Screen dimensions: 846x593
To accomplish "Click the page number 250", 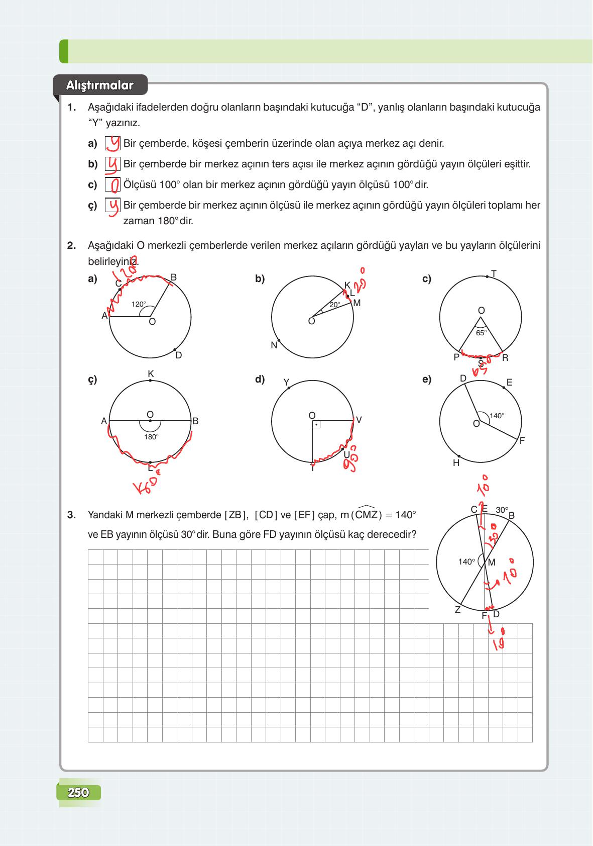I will [78, 793].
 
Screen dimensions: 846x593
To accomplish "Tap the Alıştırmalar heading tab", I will [100, 85].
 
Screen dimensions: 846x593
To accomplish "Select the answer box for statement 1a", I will [113, 144].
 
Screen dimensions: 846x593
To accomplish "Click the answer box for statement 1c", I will [113, 185].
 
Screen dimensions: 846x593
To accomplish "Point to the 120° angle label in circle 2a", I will [139, 304].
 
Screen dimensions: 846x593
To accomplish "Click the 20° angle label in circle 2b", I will [334, 305].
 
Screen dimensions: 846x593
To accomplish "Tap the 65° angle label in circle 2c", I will [481, 333].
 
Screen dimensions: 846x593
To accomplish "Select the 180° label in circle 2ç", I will [151, 437].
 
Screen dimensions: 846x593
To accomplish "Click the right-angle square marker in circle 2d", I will [316, 425].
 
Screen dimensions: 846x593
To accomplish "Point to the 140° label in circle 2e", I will [497, 416].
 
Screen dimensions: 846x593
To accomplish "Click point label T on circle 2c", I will [494, 274].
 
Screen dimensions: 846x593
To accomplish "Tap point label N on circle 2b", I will [274, 345].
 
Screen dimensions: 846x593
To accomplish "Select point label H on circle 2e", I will [456, 463].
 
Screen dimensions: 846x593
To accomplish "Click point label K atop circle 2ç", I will [151, 374].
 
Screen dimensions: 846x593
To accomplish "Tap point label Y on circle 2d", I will [286, 383].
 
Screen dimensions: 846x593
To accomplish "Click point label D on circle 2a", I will [179, 355].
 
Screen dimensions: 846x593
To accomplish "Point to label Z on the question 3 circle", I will [457, 610].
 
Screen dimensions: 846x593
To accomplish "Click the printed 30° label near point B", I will [502, 510].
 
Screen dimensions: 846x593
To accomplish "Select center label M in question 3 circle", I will [491, 562].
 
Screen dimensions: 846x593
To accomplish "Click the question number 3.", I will [71, 515].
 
